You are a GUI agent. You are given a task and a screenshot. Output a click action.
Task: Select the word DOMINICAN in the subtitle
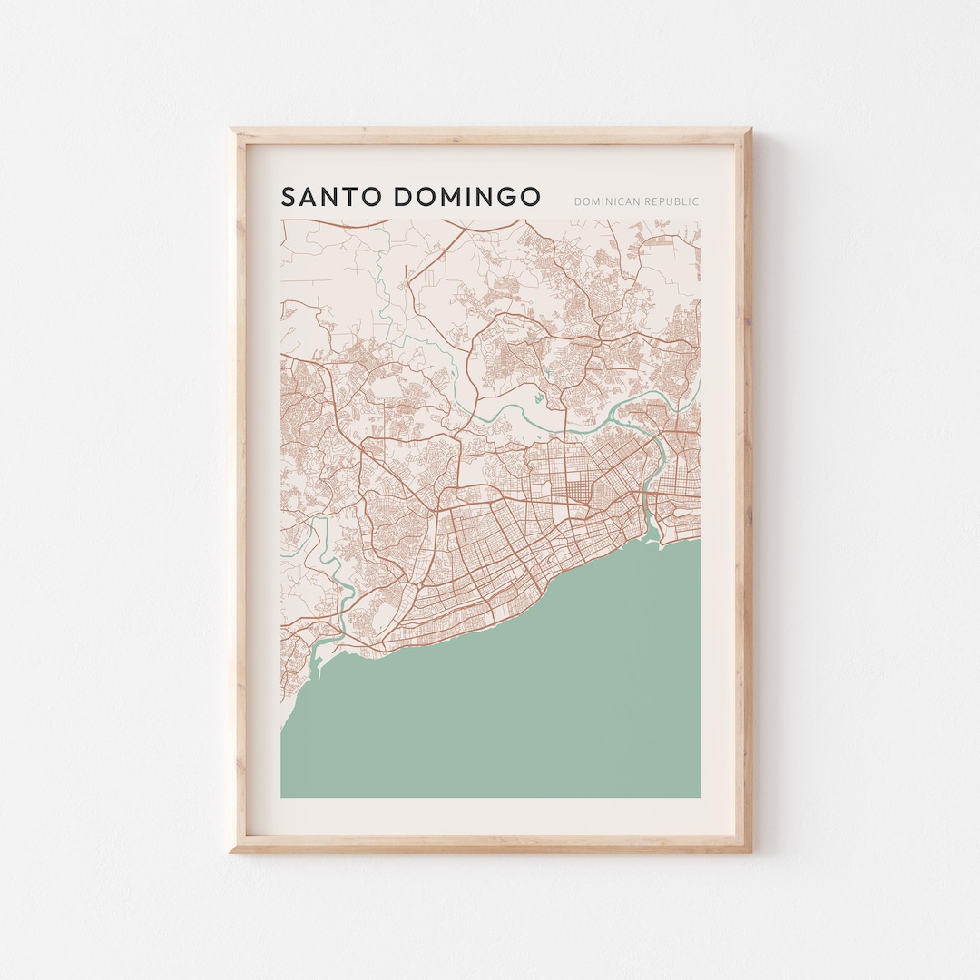point(607,201)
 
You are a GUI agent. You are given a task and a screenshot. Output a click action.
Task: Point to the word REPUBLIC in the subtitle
point(671,201)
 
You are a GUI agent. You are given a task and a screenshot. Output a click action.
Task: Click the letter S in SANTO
point(288,197)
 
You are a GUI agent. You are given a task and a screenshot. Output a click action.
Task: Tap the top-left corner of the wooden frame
point(231,130)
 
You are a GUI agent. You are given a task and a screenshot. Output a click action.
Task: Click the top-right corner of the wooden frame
point(750,130)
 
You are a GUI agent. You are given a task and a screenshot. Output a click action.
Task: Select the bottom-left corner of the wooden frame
point(231,850)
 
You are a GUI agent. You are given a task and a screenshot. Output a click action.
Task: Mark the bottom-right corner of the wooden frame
point(750,850)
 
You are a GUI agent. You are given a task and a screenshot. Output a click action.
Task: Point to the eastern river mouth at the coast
point(650,535)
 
